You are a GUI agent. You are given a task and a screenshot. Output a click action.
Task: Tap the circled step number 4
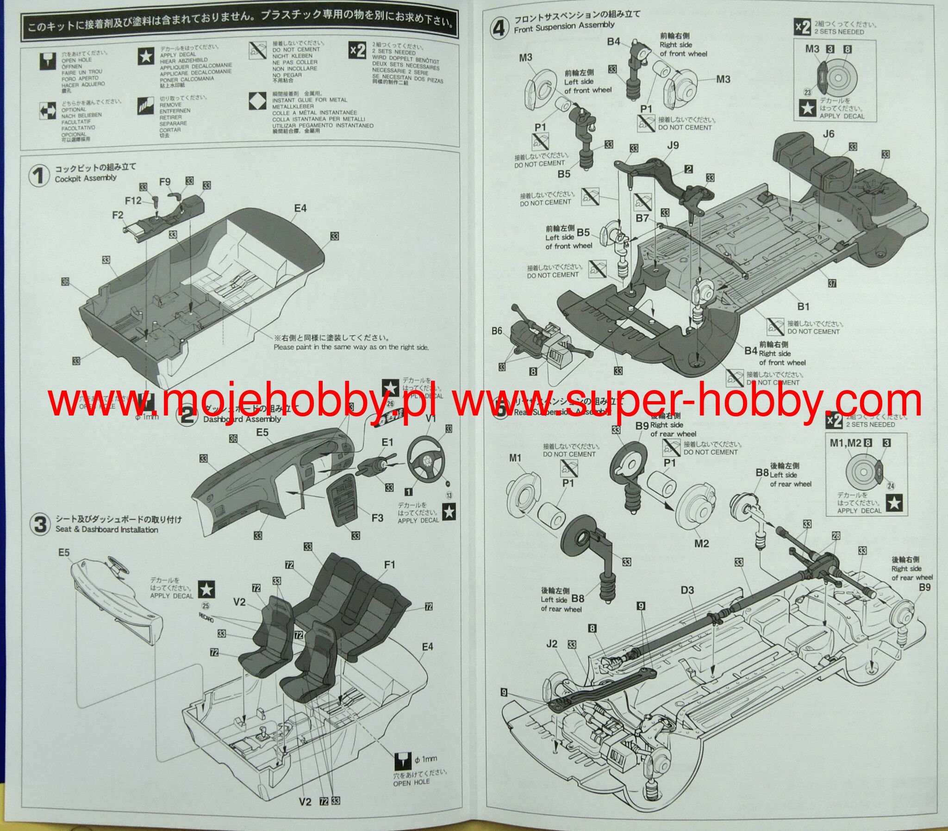click(499, 28)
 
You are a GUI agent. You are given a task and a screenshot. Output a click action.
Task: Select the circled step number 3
click(40, 524)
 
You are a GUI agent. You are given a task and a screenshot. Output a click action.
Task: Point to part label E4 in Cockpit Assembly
click(300, 208)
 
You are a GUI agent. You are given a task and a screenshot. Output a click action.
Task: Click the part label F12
click(133, 200)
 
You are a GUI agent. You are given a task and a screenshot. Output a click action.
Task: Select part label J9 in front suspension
click(673, 146)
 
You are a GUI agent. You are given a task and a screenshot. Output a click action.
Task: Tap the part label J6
click(828, 134)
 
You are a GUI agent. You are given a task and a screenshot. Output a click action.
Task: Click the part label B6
click(497, 331)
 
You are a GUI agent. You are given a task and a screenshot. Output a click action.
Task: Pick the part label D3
click(687, 590)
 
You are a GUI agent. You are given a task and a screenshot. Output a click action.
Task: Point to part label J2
click(551, 644)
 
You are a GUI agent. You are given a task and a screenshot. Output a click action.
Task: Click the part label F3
click(377, 517)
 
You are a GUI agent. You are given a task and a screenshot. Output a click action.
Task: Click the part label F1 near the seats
click(390, 564)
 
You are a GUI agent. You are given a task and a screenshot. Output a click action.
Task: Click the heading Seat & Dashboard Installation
click(106, 530)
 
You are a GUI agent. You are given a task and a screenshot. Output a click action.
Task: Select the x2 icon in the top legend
click(358, 50)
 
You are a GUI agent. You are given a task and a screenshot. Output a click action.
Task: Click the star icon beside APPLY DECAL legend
click(146, 56)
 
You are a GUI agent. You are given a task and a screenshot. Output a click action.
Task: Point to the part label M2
click(701, 543)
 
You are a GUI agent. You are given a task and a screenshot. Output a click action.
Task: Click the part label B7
click(642, 217)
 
